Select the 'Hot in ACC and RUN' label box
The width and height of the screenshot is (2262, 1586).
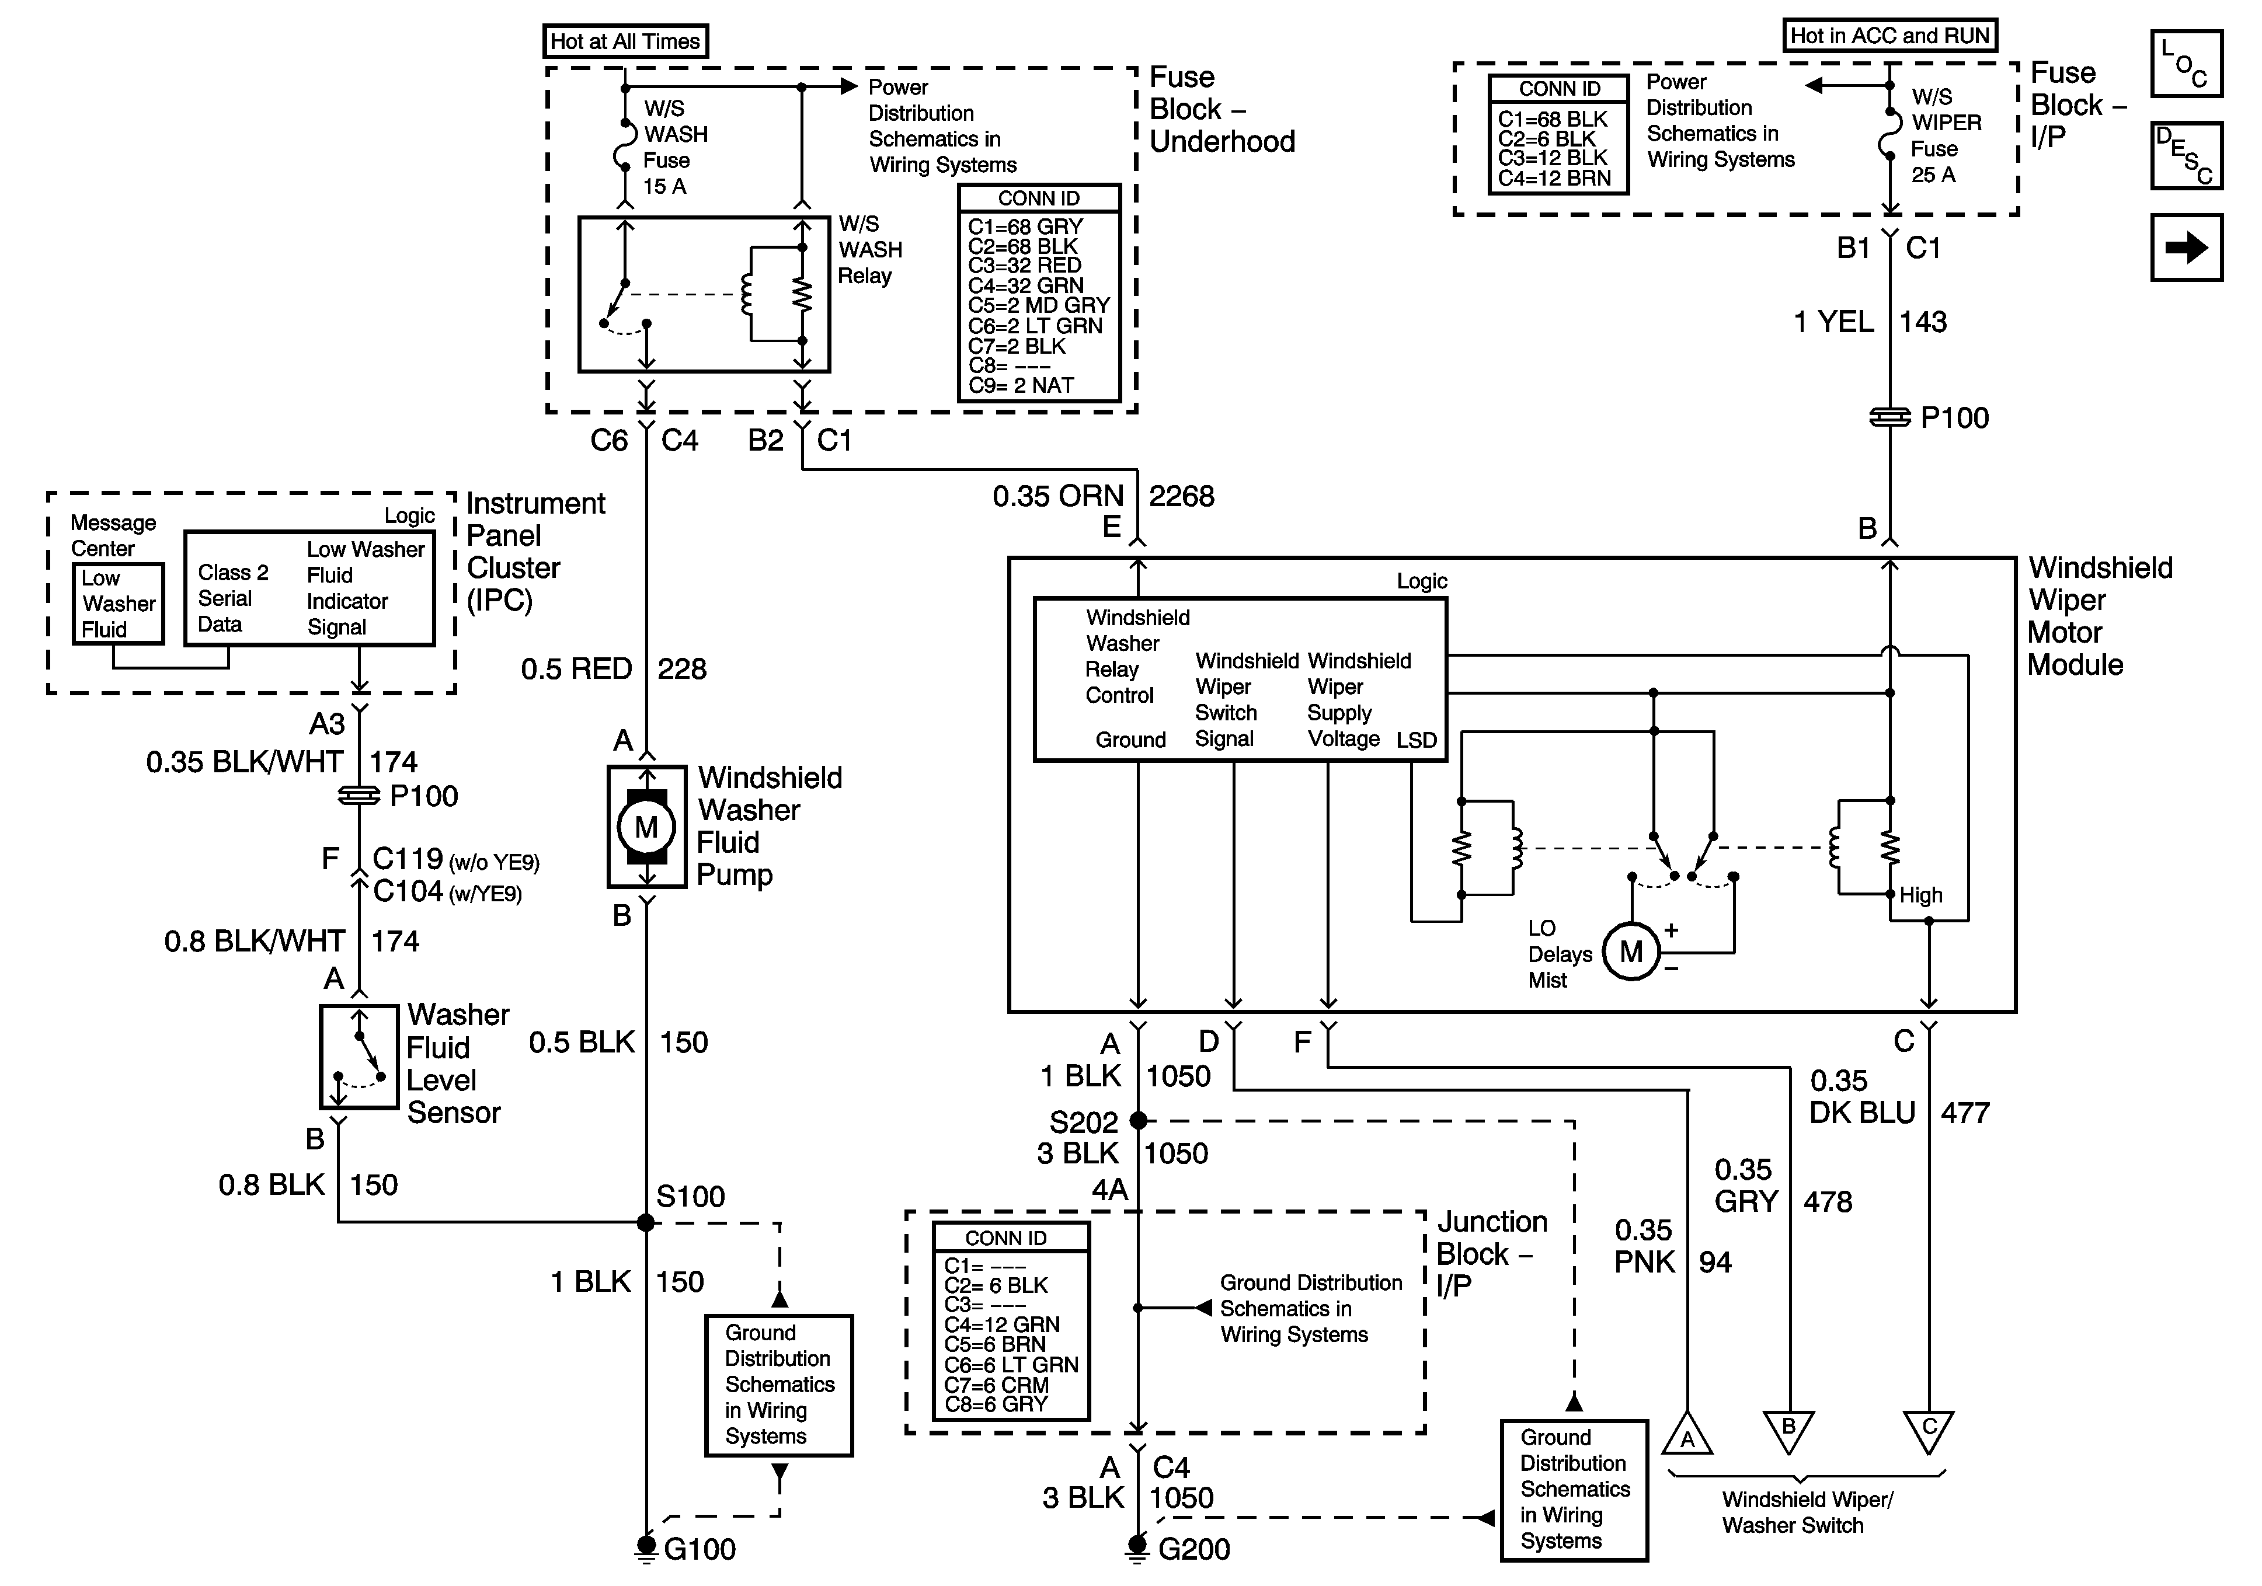pos(1889,36)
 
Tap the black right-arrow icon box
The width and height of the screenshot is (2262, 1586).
pos(2186,248)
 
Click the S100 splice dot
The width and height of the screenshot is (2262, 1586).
pos(646,1222)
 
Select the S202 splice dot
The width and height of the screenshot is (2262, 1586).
pos(1138,1120)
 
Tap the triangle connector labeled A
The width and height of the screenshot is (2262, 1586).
pos(1687,1436)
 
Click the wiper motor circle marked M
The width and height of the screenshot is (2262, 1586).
pos(1631,951)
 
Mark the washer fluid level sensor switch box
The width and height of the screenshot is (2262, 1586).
pos(359,1056)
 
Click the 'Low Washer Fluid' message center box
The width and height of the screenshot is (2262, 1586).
pos(118,604)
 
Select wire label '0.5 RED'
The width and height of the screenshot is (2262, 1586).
pos(576,669)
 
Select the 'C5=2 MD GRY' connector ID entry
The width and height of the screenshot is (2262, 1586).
pos(1038,305)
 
